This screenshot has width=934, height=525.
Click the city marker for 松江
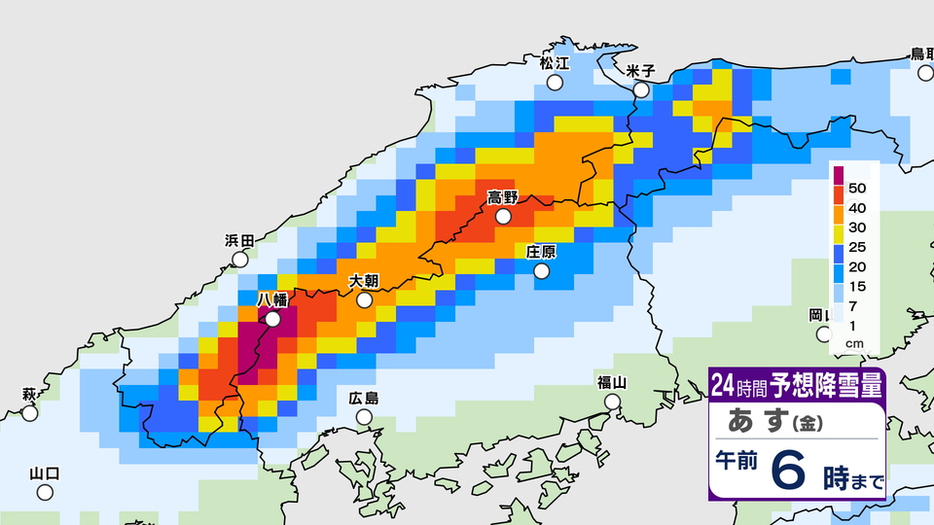[555, 83]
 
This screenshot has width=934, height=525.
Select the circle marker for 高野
[503, 217]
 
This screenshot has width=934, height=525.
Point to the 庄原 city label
[541, 252]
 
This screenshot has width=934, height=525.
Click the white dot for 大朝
[364, 300]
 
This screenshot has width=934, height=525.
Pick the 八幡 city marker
[272, 318]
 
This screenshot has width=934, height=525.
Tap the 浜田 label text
[239, 241]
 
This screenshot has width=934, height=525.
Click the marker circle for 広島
[364, 417]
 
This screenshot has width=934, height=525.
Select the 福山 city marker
[612, 402]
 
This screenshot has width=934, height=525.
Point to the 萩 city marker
[30, 413]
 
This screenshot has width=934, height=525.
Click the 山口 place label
[45, 473]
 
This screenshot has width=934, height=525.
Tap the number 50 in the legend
[857, 186]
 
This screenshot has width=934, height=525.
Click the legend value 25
[857, 247]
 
